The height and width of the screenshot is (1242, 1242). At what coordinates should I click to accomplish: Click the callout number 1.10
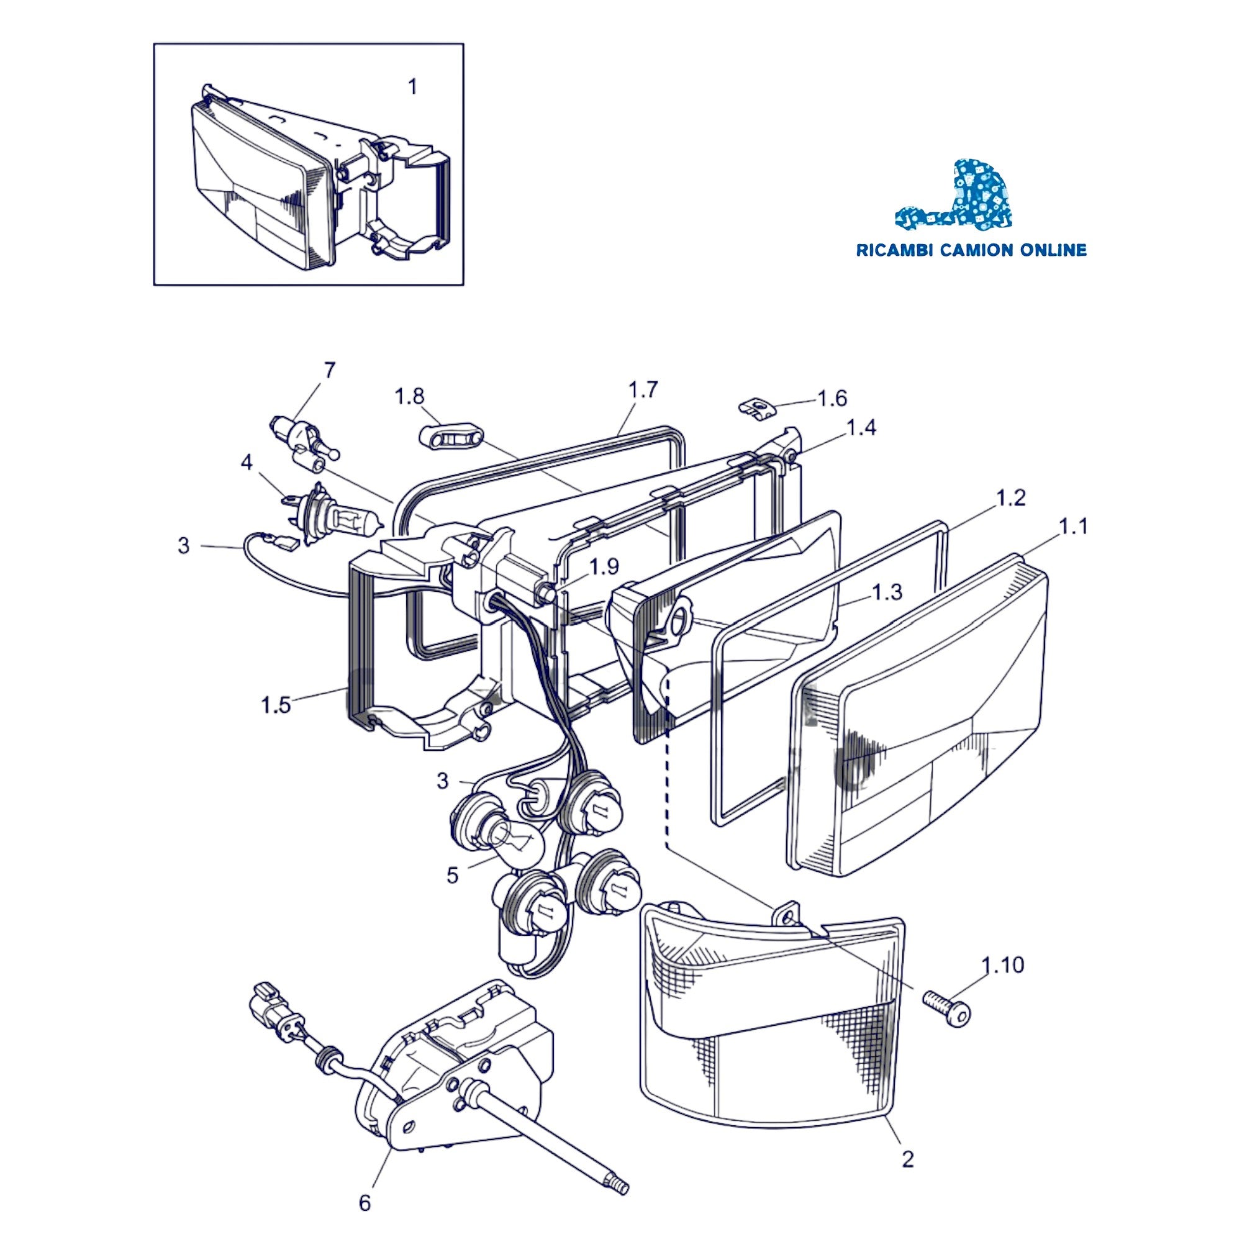point(1003,966)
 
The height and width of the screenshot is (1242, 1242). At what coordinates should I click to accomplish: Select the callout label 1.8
point(409,397)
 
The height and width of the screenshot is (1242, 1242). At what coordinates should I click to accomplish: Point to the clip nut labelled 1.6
point(755,409)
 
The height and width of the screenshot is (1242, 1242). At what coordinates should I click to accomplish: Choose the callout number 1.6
point(832,399)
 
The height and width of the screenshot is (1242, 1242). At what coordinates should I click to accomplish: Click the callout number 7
point(329,371)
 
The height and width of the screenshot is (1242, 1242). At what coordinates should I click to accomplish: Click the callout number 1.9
point(604,566)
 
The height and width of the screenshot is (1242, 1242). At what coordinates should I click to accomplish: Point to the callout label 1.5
point(276,705)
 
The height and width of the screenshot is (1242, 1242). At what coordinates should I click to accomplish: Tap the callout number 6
point(365,1202)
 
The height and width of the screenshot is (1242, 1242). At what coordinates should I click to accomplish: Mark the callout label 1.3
point(887,592)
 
